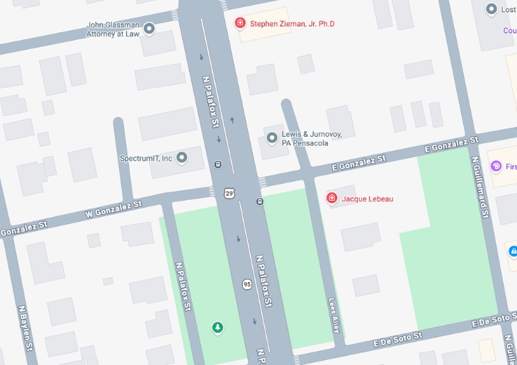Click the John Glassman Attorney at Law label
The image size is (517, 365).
(113, 29)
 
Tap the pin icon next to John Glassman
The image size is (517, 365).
(149, 28)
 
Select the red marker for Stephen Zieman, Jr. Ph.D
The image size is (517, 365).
(240, 23)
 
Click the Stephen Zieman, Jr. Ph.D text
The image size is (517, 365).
(292, 24)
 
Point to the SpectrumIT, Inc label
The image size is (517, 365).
(146, 158)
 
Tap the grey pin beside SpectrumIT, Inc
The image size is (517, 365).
(182, 157)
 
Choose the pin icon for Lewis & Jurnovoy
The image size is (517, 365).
(272, 137)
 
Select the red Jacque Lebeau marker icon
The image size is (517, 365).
(331, 198)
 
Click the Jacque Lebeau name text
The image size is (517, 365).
(367, 199)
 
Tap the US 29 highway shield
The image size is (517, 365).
(229, 193)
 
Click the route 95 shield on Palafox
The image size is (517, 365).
(246, 284)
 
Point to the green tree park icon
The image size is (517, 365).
(218, 327)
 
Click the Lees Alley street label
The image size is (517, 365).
(334, 315)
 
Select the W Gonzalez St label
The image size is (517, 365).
(113, 208)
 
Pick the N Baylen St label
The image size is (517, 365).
(25, 328)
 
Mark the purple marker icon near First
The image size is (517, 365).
(496, 167)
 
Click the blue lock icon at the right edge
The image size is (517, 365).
(513, 251)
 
